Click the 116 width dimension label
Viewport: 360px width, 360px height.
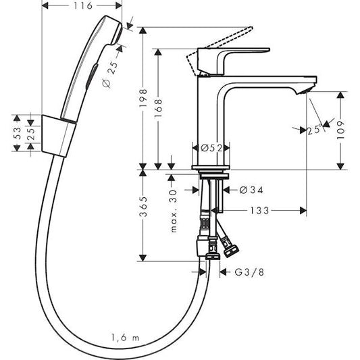[x=82, y=5]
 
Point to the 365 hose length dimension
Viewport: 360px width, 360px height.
[x=141, y=212]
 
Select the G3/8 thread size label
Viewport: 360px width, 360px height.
[x=249, y=273]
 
